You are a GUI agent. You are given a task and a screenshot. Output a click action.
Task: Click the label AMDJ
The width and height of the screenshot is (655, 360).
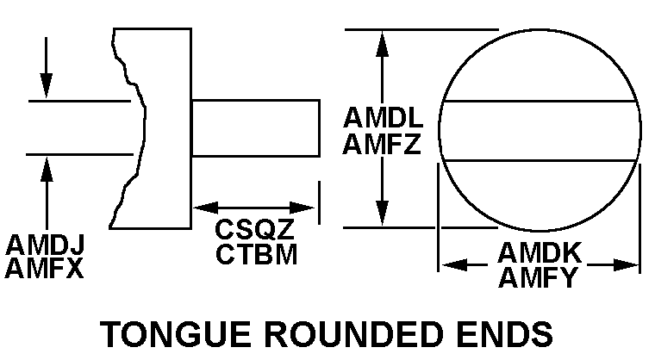[44, 245]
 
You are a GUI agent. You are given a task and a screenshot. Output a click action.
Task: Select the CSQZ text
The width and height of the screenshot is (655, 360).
[255, 230]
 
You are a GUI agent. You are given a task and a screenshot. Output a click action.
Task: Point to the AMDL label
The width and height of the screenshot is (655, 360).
[381, 117]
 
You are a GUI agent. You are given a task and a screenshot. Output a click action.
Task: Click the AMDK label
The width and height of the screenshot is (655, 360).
[541, 253]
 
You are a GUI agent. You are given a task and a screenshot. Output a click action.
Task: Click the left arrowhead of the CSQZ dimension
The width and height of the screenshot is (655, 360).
[203, 208]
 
